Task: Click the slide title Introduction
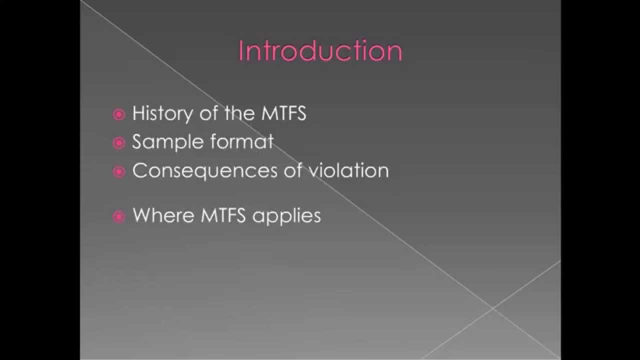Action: (x=320, y=51)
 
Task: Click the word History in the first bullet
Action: (x=162, y=114)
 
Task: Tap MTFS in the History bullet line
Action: (x=283, y=114)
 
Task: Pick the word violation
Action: (x=348, y=171)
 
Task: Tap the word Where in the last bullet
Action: (x=163, y=215)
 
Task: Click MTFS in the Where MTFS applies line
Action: (x=223, y=215)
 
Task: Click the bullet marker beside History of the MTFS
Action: (x=118, y=115)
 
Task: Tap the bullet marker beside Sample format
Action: (x=118, y=143)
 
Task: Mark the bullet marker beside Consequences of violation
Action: (x=118, y=172)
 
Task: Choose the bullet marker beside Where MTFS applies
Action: (x=118, y=216)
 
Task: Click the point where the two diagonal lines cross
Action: (x=493, y=308)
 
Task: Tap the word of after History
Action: (x=208, y=114)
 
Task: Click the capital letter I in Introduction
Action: (x=241, y=51)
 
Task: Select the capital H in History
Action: (x=138, y=114)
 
